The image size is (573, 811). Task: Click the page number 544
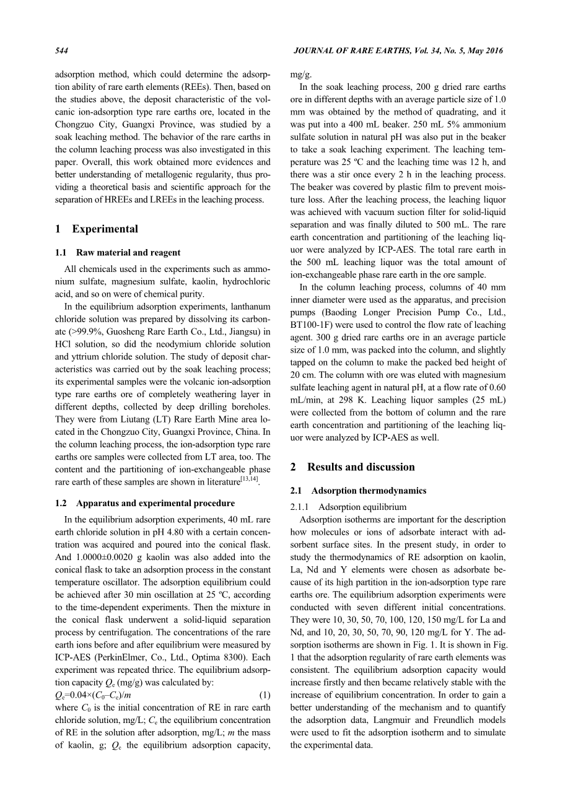pos(62,50)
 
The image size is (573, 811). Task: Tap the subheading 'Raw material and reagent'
pos(128,252)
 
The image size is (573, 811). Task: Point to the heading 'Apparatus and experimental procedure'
pos(155,502)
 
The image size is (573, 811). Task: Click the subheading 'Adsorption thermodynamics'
pos(369,491)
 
